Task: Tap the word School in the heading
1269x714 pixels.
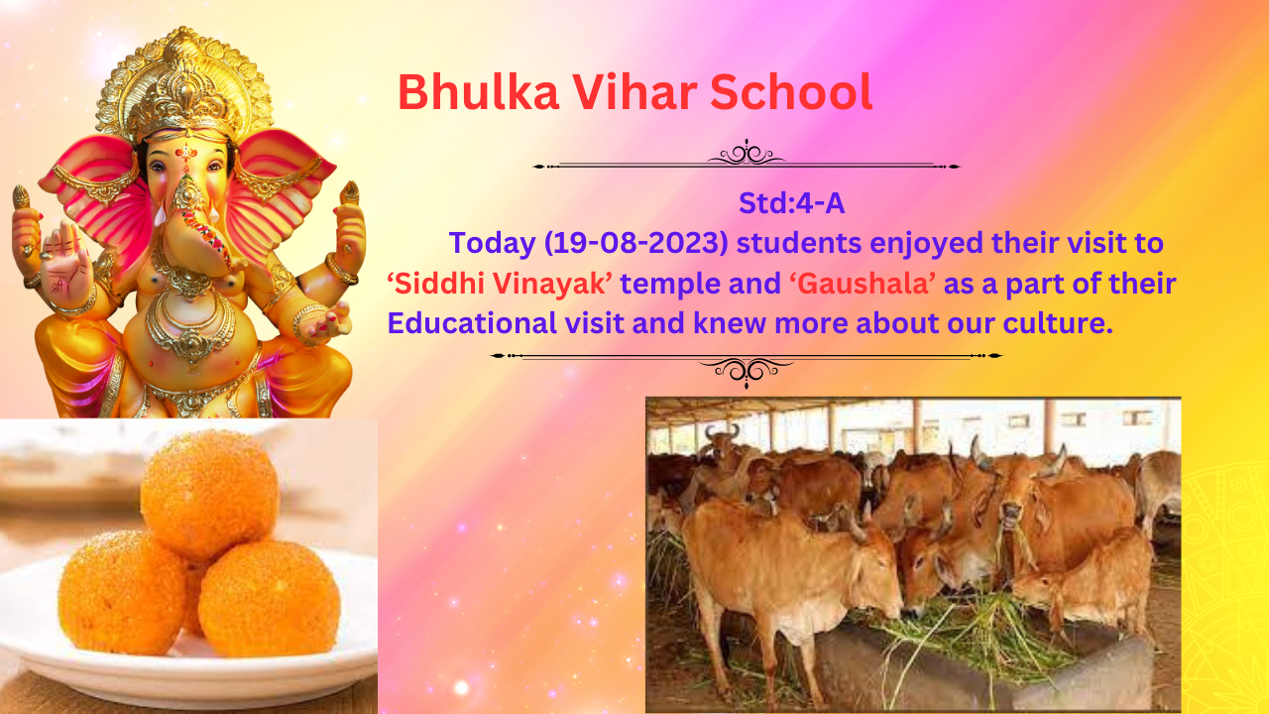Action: click(791, 91)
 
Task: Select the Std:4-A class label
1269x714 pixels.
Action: click(791, 203)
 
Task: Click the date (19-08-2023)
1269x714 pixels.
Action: click(636, 243)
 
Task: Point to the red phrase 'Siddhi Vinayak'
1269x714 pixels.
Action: click(500, 283)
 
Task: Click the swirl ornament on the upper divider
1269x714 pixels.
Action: click(747, 153)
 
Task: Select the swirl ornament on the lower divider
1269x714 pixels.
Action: click(747, 371)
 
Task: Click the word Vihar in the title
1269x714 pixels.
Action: click(634, 91)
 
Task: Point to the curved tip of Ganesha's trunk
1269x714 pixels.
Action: click(224, 263)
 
